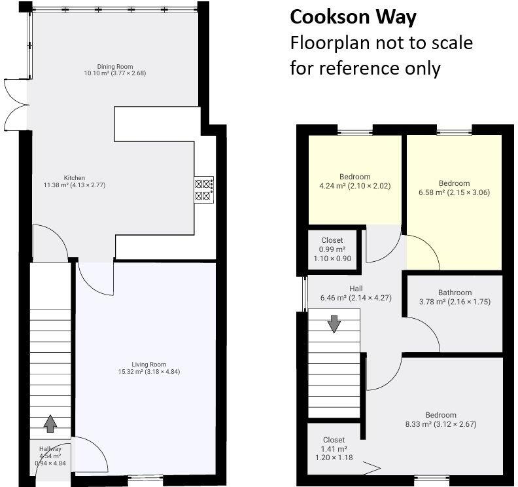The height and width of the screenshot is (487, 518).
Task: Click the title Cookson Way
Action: click(353, 17)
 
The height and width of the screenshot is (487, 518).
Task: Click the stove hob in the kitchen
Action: click(203, 189)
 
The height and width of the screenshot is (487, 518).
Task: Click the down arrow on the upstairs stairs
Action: click(334, 323)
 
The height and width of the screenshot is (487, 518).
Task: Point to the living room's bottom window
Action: click(145, 479)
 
